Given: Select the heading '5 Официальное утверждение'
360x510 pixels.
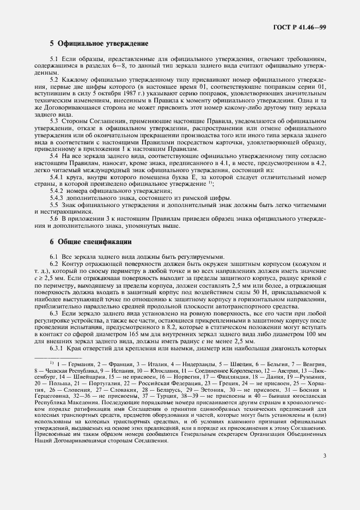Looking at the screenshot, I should [x=99, y=42].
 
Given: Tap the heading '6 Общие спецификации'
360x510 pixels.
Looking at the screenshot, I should [x=90, y=241].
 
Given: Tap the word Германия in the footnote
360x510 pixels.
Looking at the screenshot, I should [x=72, y=363].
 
